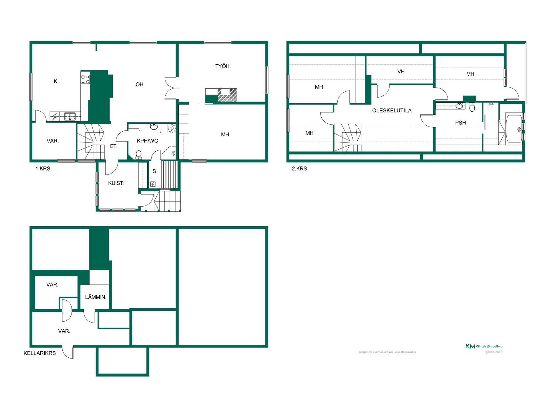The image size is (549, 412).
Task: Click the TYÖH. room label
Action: tap(223, 66)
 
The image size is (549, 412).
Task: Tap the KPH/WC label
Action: tap(147, 141)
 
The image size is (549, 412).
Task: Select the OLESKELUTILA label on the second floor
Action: tap(392, 110)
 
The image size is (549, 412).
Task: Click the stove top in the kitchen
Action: tap(85, 79)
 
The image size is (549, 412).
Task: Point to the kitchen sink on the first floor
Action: tap(70, 116)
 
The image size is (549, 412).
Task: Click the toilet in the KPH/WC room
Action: tap(139, 155)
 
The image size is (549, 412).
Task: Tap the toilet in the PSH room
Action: tap(472, 107)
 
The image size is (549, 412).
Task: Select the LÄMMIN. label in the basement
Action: tap(96, 297)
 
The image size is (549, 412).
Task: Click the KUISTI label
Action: tap(116, 183)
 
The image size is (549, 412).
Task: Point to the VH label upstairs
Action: tap(401, 72)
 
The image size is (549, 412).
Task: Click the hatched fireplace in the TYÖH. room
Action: tap(227, 95)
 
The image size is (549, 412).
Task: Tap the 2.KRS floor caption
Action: tap(299, 169)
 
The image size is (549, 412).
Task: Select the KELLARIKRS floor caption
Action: tap(39, 353)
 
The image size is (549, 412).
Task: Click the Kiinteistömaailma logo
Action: tap(484, 346)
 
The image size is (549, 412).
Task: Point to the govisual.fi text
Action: tap(494, 352)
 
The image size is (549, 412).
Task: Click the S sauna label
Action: tap(154, 171)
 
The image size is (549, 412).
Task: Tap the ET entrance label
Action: tap(113, 146)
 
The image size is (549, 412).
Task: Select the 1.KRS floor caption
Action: tap(43, 169)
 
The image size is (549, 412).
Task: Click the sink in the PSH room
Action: tap(459, 106)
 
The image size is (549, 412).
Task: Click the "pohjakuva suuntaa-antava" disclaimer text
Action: tap(387, 352)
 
